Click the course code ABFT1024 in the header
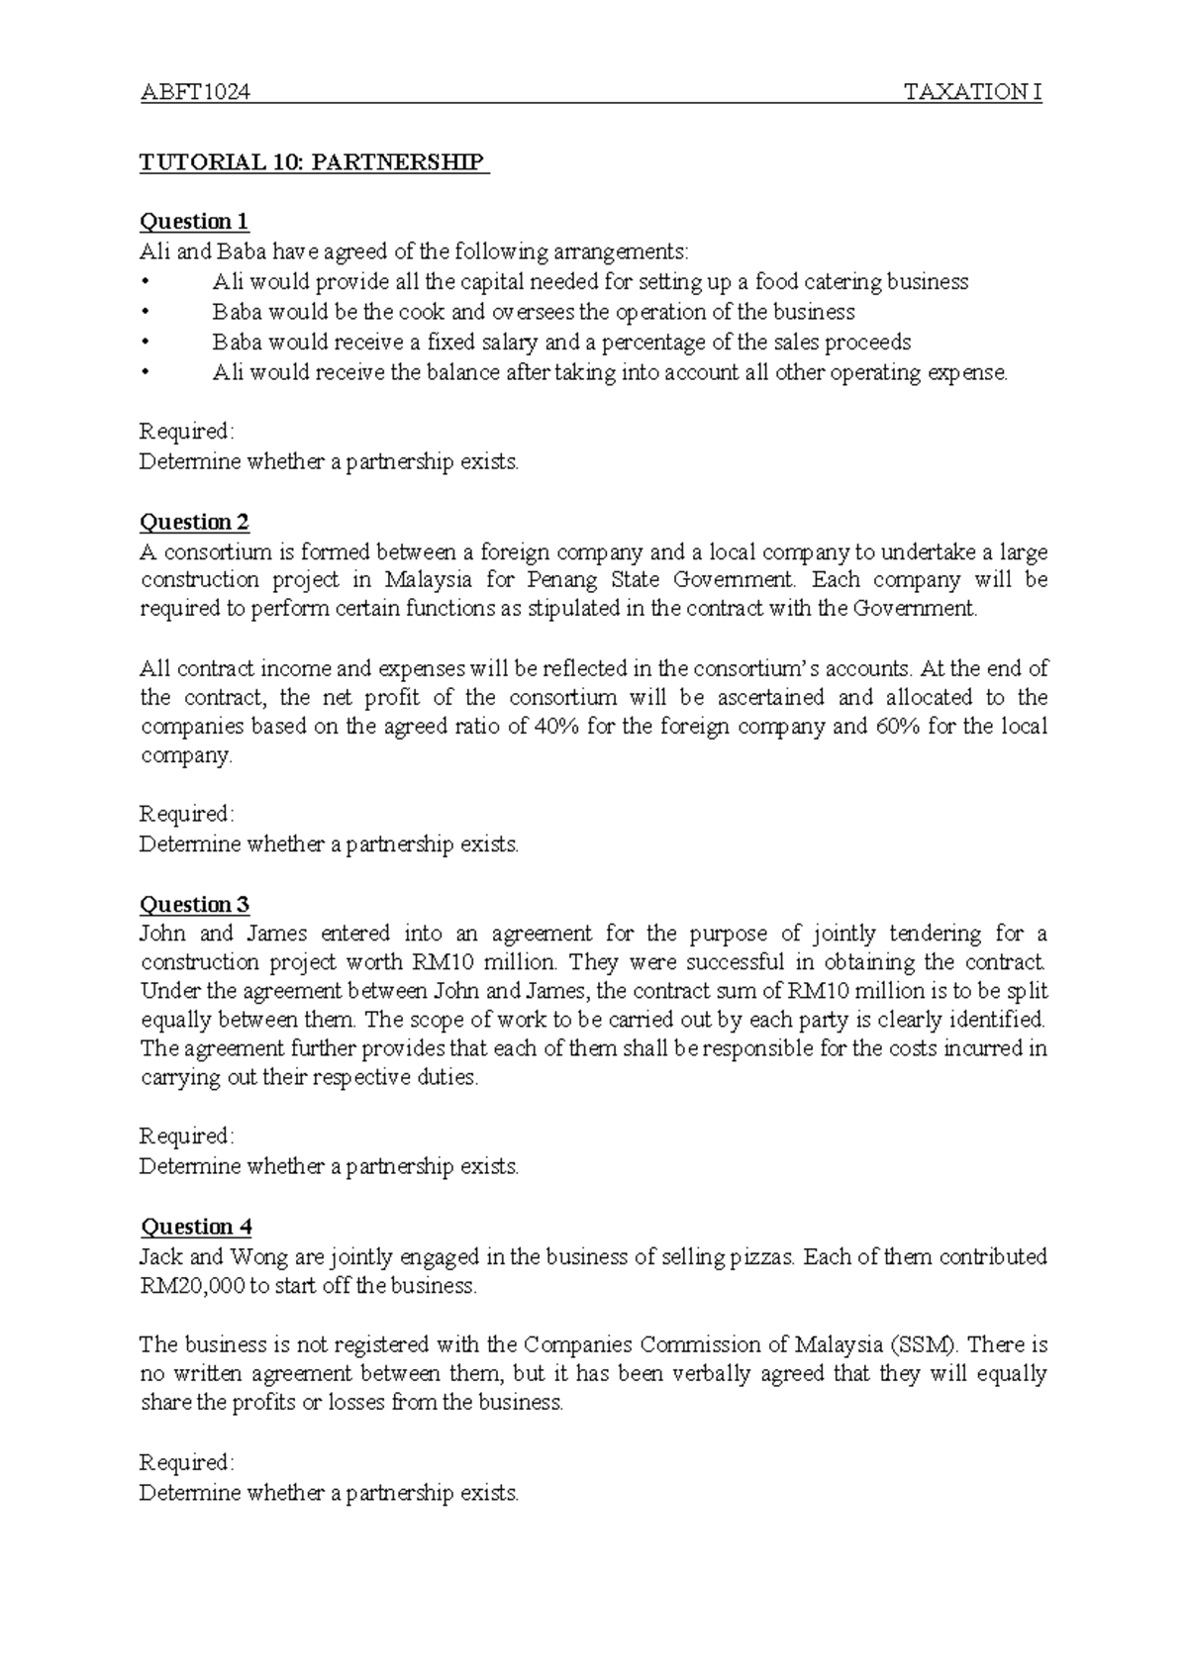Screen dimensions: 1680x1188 (x=194, y=93)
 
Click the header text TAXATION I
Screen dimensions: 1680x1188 (x=973, y=93)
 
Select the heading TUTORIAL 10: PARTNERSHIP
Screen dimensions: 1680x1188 (x=313, y=162)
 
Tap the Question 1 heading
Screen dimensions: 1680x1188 (x=194, y=221)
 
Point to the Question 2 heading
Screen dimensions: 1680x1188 (x=194, y=522)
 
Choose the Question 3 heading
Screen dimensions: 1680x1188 (x=194, y=904)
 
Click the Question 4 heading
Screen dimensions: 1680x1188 (x=196, y=1228)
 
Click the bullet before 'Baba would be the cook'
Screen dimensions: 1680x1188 (x=147, y=313)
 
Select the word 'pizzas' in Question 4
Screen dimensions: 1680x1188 (x=761, y=1257)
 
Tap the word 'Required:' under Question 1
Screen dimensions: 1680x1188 (x=187, y=432)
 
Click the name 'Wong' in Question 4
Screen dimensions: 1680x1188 (x=258, y=1257)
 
